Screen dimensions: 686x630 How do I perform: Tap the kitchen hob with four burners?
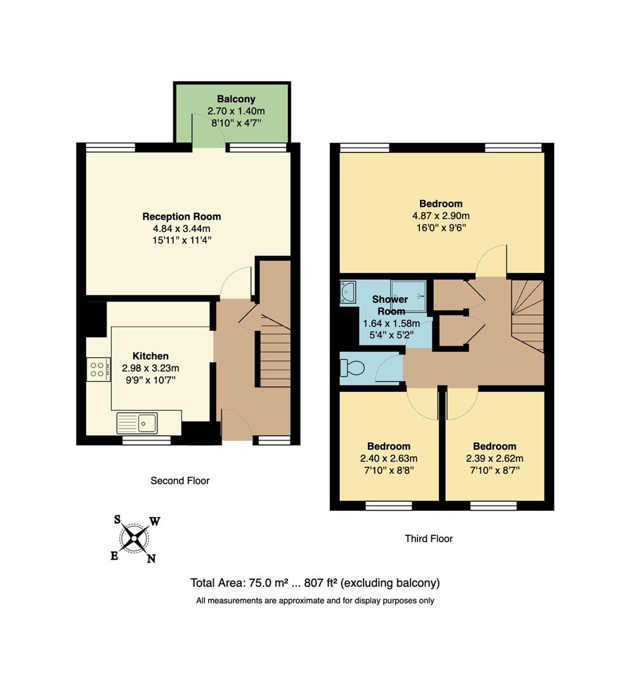coord(97,369)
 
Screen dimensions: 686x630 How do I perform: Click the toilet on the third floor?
coord(352,368)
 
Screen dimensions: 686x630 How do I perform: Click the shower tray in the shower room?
coord(409,295)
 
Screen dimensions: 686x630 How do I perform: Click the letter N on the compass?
coord(151,559)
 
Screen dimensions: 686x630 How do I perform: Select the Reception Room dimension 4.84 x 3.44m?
coord(181,229)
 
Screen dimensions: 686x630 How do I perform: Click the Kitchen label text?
coord(150,356)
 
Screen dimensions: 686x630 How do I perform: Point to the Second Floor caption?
coord(180,481)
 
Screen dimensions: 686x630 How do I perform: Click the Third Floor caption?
coord(429,539)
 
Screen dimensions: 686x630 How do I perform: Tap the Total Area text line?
coord(315,582)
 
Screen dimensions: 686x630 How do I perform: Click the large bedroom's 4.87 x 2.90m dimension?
coord(441,216)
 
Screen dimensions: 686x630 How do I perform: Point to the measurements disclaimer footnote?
coord(315,600)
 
